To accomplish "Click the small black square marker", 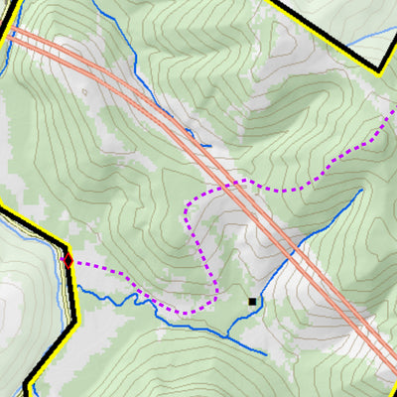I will click(x=252, y=301).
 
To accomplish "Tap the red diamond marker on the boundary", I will click(x=67, y=260).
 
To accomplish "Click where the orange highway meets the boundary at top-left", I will click(x=12, y=32).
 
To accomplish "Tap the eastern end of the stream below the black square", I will click(x=266, y=352).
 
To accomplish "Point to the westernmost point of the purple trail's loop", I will click(x=187, y=208).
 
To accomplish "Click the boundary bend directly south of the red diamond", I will click(x=75, y=323).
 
